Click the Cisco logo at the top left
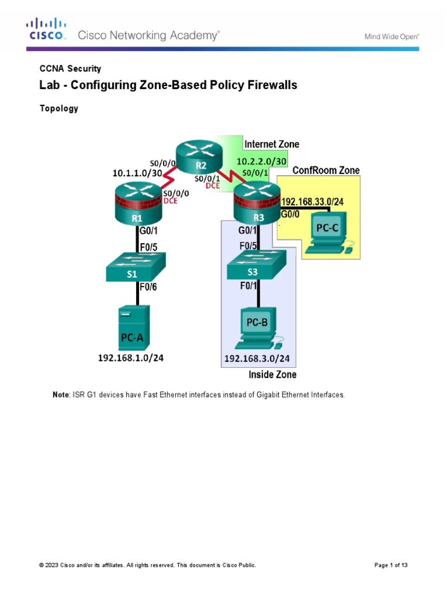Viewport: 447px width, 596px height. [46, 30]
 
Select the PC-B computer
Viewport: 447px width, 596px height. [260, 327]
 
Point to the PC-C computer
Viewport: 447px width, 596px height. [327, 232]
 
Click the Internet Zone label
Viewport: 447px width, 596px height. [272, 144]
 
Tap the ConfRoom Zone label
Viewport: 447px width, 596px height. [326, 170]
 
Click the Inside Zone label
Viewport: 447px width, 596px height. [272, 374]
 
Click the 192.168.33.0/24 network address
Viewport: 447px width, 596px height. [312, 201]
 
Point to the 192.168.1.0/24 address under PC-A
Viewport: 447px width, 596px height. [130, 358]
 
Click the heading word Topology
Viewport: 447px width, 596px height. [58, 108]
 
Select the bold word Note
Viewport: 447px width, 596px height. [61, 395]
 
